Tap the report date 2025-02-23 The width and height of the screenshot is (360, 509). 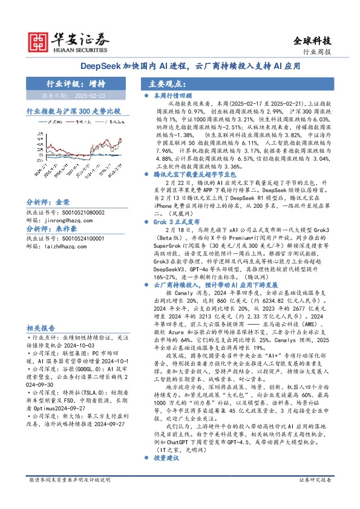(91, 95)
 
